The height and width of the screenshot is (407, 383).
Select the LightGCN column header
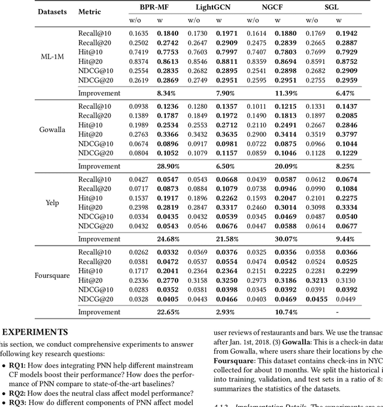(x=213, y=8)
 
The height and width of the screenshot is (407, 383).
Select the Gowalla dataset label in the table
(x=52, y=130)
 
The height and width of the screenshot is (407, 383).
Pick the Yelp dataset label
(x=52, y=203)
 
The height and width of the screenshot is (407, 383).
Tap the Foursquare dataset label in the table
(x=52, y=276)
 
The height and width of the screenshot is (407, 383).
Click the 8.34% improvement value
(x=166, y=93)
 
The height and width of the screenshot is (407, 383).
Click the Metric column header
(x=90, y=12)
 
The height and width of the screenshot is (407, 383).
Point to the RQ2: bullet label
(x=24, y=393)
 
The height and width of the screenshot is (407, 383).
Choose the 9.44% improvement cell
(x=344, y=239)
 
